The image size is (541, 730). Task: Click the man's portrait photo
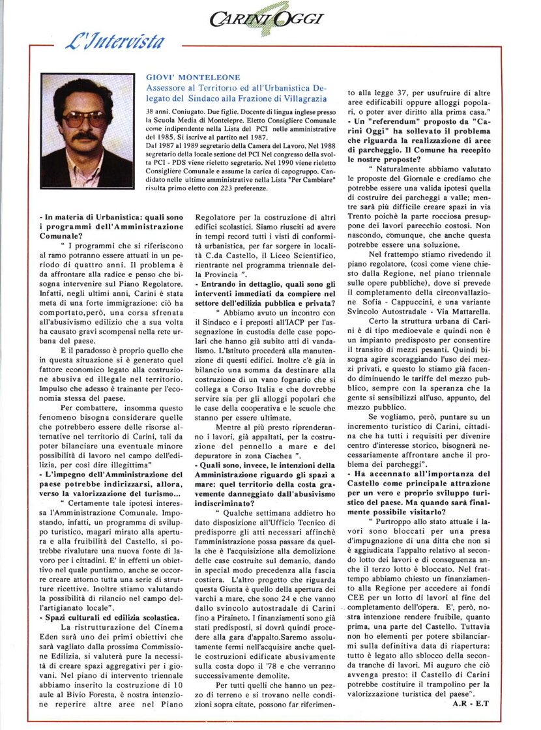pos(87,130)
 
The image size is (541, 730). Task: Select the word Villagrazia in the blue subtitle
pos(304,98)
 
